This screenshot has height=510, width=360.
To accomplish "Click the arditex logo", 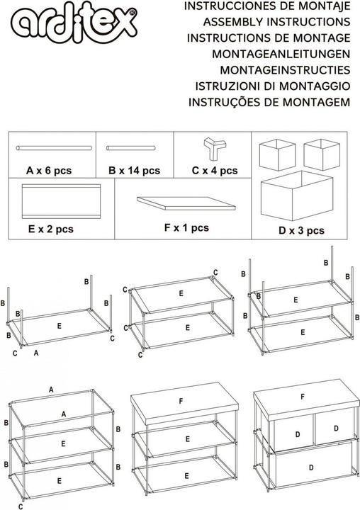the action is pos(74,23).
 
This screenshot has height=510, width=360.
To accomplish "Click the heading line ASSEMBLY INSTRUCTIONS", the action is pos(276,22).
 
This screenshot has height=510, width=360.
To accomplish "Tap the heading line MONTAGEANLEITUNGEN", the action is pos(281,54).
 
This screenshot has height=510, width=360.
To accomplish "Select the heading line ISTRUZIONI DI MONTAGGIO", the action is pos(273,86).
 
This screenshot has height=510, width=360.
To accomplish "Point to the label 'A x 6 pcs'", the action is pos(49,171).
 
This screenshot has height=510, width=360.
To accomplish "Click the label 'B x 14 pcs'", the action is pos(134,171).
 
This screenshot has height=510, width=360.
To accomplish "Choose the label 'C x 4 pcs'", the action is pos(215,171).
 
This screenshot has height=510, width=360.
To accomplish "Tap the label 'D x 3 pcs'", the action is pos(301,231).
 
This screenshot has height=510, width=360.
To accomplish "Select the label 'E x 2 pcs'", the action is pos(51,229).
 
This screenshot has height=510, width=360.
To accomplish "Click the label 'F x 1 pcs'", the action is pos(186,227).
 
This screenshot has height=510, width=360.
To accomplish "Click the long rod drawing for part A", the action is pos(54,148).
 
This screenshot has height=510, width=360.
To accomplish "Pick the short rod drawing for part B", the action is pos(131,148).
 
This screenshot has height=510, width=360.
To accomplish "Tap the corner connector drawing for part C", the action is pos(215,148).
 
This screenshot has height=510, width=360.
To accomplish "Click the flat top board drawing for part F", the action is pos(186,203).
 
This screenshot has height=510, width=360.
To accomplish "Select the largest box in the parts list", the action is pos(297,195).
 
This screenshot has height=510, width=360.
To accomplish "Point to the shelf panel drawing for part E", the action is pos(61,201).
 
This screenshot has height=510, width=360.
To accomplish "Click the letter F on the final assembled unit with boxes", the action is pos(303,397).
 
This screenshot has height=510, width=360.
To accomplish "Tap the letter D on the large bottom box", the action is pos(311,467).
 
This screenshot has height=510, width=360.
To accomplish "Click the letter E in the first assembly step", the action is pos(60,326).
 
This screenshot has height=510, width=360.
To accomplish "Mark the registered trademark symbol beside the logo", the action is pos(132,12).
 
